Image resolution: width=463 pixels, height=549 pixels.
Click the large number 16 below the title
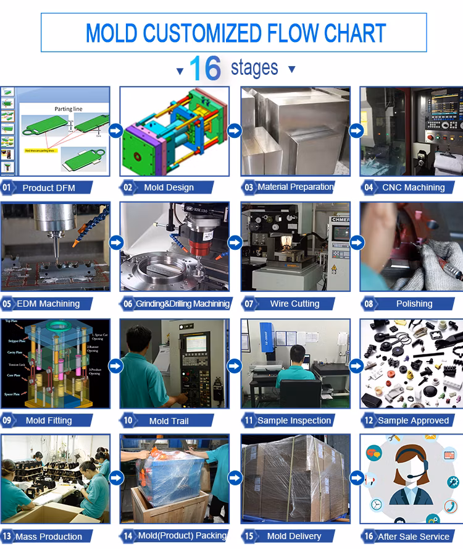pos(205,69)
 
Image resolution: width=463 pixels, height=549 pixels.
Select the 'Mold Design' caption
pos(169,187)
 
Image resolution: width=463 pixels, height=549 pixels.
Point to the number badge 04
pos(369,187)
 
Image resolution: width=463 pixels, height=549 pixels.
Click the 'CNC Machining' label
pos(413,187)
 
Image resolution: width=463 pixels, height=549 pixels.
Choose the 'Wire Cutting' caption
pos(294,304)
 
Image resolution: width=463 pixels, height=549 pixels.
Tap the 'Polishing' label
pos(414,304)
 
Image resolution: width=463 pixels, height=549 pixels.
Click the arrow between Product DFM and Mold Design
pos(115,130)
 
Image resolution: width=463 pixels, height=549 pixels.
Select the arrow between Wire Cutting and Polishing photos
pos(356,242)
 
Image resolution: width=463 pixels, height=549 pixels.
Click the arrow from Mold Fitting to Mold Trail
pos(115,366)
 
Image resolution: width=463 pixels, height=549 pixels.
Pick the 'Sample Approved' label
pos(413,420)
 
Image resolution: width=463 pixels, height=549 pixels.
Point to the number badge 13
pos(7,537)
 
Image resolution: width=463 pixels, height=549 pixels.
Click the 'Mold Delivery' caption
pos(294,536)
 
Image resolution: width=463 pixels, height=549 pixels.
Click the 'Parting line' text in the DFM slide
pos(68,109)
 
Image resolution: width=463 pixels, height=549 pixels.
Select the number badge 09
pos(7,420)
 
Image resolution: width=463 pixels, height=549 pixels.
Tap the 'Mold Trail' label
pos(169,421)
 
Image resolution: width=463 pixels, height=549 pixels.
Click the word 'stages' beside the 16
pos(254,68)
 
